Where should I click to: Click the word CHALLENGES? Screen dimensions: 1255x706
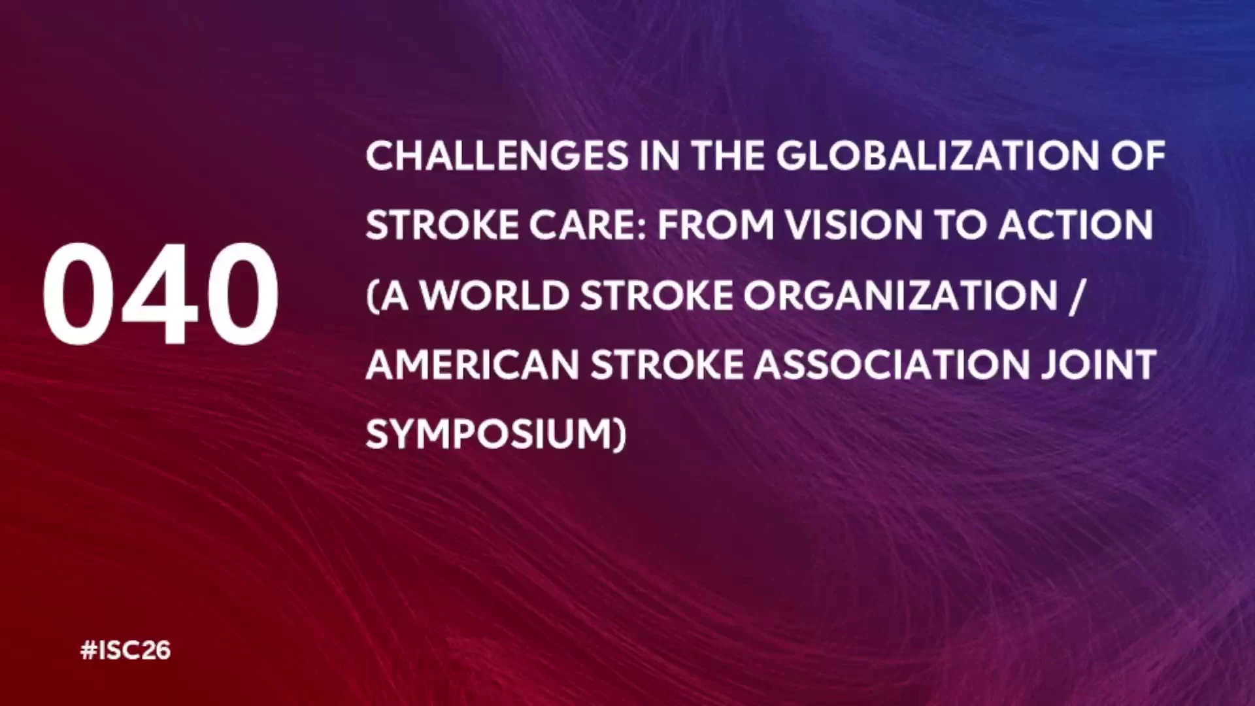click(497, 156)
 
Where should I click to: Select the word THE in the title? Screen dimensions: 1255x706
click(728, 156)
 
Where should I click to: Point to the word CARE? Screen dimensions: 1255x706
click(588, 226)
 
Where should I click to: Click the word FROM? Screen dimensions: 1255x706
click(716, 226)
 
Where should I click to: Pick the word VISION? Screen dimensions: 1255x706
click(854, 226)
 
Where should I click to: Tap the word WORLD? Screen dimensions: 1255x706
click(494, 295)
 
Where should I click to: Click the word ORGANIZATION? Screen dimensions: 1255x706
click(900, 295)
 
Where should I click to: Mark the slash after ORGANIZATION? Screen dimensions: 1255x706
click(1075, 296)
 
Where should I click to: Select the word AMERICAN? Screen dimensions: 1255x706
click(473, 365)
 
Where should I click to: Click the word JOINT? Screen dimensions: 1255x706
click(1099, 365)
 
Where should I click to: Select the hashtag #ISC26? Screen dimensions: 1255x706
click(125, 650)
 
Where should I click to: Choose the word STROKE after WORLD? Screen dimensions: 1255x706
click(656, 295)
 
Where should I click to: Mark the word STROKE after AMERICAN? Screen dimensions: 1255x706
click(667, 365)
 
